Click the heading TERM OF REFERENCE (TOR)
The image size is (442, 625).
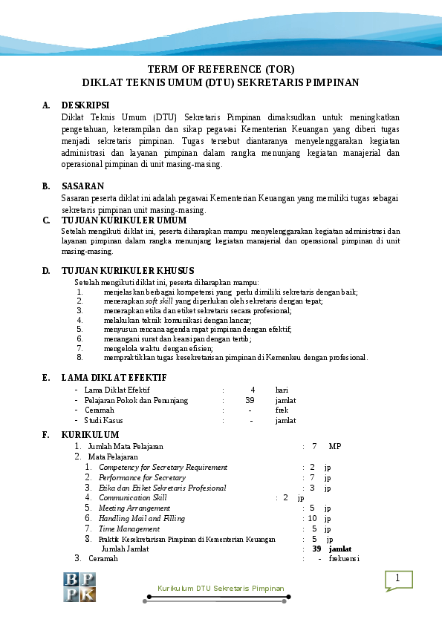[221, 70]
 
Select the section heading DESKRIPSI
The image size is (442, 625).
[85, 105]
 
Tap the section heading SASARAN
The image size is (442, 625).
[82, 186]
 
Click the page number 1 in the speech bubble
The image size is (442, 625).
[397, 579]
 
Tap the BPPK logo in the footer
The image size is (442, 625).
[79, 587]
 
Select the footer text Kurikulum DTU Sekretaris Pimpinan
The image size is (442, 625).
[221, 588]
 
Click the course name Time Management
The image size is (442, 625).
[129, 529]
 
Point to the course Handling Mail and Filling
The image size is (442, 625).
[142, 519]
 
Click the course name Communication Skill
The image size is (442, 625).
[133, 498]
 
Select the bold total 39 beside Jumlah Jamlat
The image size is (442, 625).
[316, 549]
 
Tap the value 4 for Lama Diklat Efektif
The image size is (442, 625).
[253, 390]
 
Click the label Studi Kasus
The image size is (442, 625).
[103, 421]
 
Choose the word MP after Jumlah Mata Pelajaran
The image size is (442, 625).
[335, 446]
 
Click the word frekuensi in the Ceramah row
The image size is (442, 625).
[344, 558]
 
